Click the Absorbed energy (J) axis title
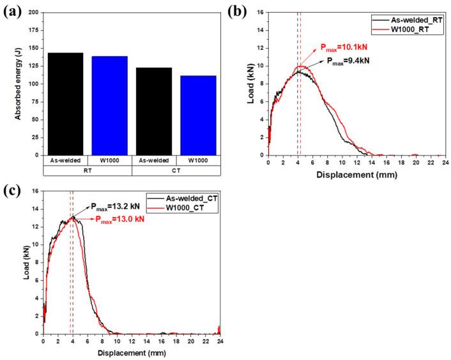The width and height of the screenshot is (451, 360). [9, 83]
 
